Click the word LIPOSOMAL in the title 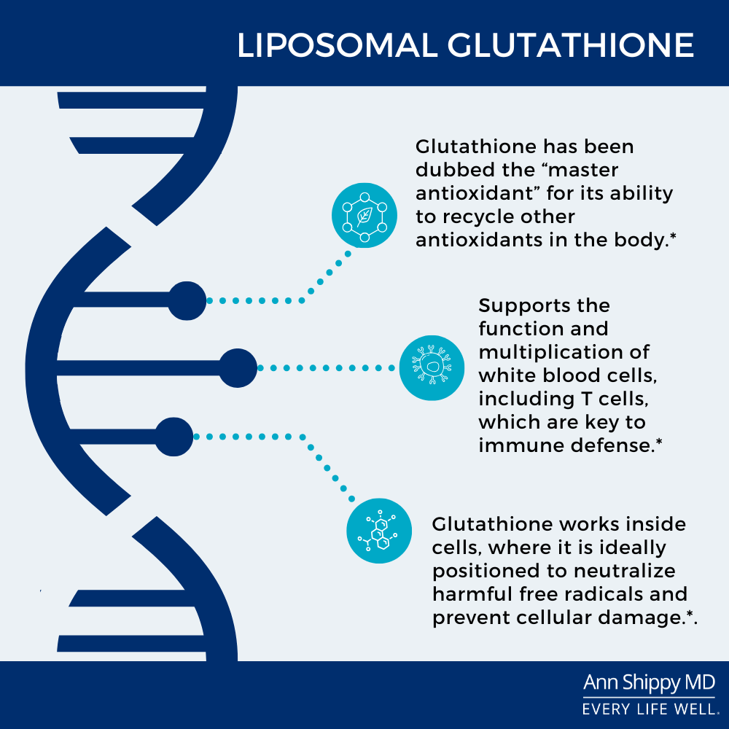pos(338,45)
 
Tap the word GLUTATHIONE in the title pos(571,45)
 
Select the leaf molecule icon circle pos(364,215)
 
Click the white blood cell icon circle pos(432,367)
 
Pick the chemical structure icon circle pos(379,531)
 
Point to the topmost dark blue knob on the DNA pos(187,301)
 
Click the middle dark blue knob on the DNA pos(238,367)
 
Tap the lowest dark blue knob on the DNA pos(174,437)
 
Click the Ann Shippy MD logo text pos(649,683)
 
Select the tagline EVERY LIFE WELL pos(650,709)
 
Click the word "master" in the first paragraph pos(583,170)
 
